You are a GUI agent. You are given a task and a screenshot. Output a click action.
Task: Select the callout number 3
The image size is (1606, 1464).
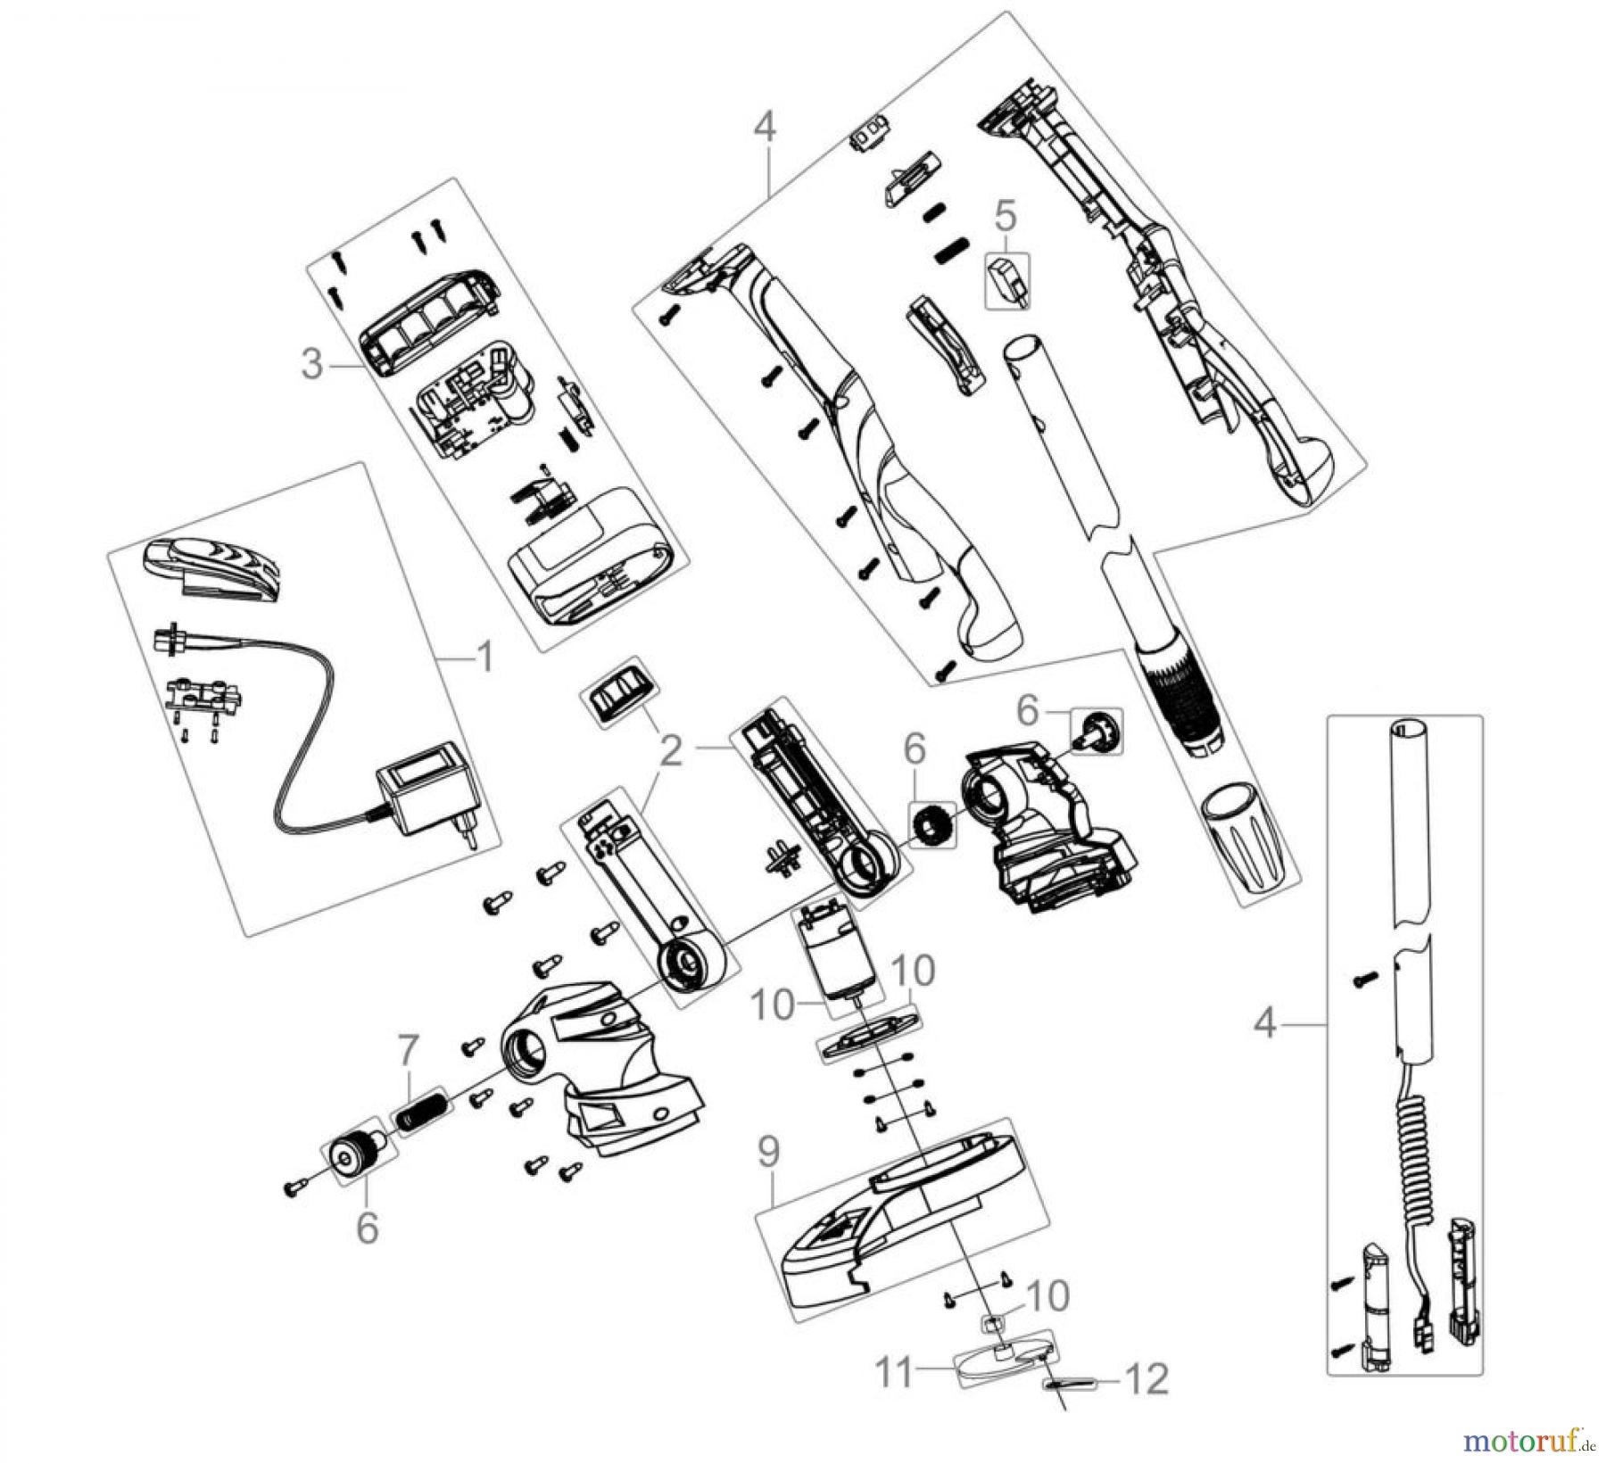click(311, 364)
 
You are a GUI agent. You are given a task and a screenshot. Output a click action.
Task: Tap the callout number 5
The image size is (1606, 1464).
click(1005, 215)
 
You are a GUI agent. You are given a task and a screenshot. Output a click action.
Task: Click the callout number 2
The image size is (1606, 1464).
click(671, 751)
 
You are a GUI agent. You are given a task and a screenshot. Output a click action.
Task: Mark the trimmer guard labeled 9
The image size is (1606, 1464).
click(892, 1222)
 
